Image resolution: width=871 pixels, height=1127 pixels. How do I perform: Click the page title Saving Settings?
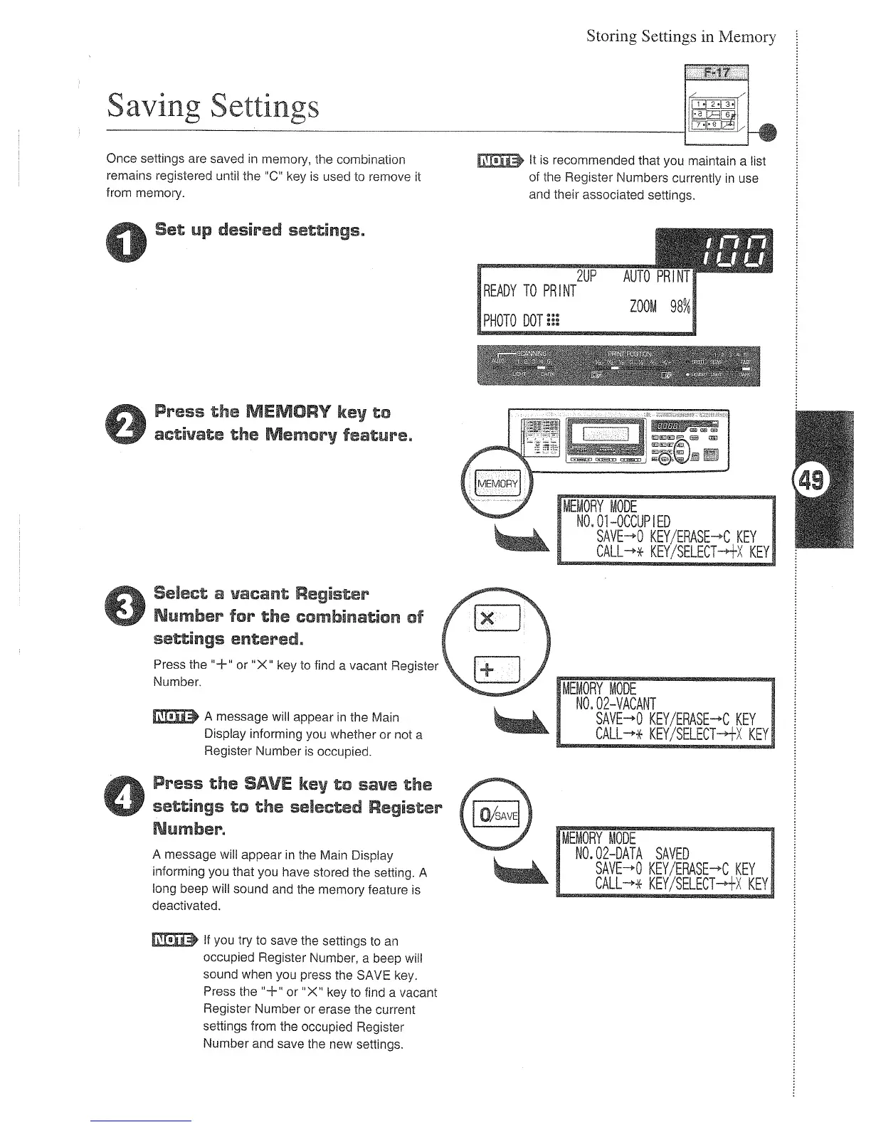coord(212,107)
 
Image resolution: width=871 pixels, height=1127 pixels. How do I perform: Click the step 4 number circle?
coord(127,796)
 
